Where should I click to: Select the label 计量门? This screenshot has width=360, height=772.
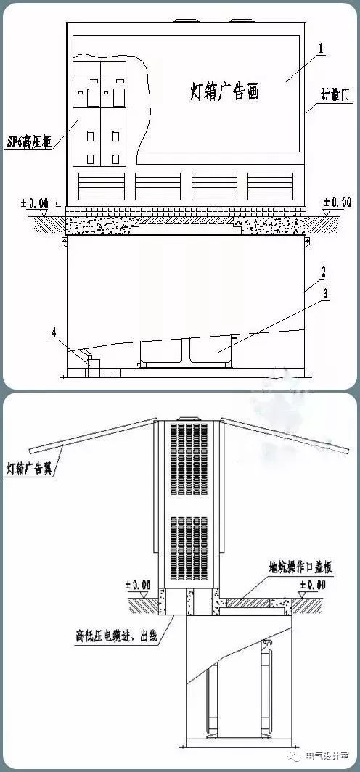pyautogui.click(x=336, y=94)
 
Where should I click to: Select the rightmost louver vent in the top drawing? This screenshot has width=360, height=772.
pyautogui.click(x=270, y=186)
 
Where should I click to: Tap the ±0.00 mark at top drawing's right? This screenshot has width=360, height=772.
pyautogui.click(x=335, y=202)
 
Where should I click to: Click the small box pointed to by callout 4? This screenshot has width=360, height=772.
pyautogui.click(x=91, y=366)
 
